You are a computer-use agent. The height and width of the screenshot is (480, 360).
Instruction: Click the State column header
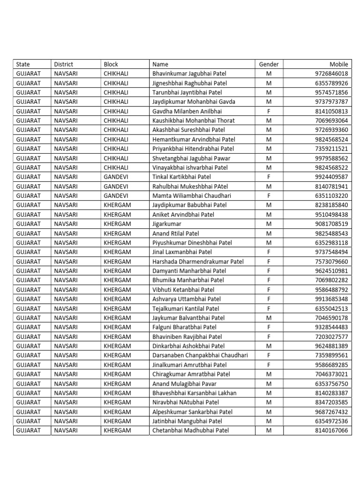[x=23, y=64]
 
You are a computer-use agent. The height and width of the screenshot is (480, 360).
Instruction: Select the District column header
[x=64, y=64]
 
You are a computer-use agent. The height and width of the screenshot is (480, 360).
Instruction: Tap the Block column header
[x=111, y=64]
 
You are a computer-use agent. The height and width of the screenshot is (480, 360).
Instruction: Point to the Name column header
[x=160, y=64]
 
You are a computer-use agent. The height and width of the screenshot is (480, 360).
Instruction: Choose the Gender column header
[x=269, y=64]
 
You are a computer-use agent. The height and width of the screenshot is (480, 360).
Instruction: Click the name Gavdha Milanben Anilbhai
[x=187, y=111]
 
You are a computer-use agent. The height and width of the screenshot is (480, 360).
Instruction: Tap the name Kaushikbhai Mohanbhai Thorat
[x=194, y=120]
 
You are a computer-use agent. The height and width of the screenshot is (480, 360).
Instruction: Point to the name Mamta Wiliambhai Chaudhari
[x=192, y=195]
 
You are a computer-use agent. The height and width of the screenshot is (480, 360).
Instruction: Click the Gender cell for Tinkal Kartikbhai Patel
[x=269, y=177]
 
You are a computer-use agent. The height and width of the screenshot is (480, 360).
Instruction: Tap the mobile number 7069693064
[x=331, y=120]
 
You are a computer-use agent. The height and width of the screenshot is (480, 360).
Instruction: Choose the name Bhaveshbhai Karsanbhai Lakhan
[x=195, y=393]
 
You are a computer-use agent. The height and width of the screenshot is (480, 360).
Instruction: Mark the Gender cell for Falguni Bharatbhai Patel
[x=269, y=327]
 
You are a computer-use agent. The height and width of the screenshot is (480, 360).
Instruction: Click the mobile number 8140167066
[x=331, y=430]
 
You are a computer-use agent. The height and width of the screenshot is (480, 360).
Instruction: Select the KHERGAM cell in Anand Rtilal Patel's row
[x=117, y=233]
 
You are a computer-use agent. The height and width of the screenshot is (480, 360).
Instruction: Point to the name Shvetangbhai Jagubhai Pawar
[x=191, y=158]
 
